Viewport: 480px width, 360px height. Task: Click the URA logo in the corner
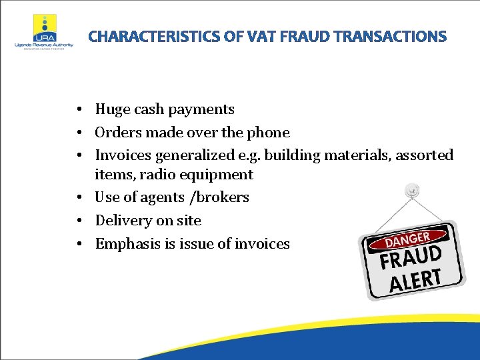[x=44, y=30]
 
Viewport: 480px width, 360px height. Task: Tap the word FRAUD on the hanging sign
[x=411, y=256]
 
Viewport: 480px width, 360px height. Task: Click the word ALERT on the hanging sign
[x=416, y=279]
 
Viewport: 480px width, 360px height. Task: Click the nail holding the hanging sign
[x=412, y=191]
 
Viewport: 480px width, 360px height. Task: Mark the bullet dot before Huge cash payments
[x=79, y=109]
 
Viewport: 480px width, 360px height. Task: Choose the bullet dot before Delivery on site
[x=79, y=221]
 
